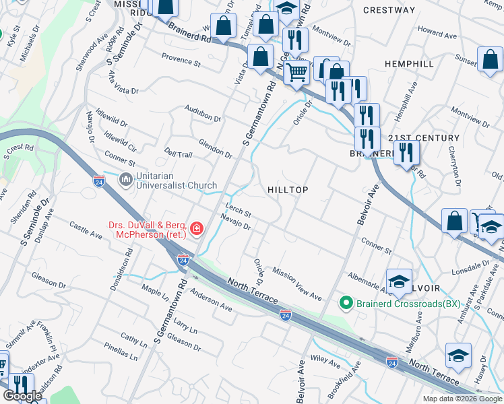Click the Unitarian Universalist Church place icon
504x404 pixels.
pyautogui.click(x=126, y=180)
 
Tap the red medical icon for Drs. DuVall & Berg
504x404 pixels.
pyautogui.click(x=197, y=230)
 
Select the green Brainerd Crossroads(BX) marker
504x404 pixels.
pyautogui.click(x=346, y=303)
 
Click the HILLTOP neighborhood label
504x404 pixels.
pyautogui.click(x=288, y=191)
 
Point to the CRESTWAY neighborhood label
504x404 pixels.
pyautogui.click(x=389, y=10)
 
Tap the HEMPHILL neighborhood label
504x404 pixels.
pyautogui.click(x=409, y=63)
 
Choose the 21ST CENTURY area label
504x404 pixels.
pyautogui.click(x=424, y=138)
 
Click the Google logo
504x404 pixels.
pyautogui.click(x=22, y=396)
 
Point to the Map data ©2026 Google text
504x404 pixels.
pyautogui.click(x=463, y=399)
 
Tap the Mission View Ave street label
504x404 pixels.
pyautogui.click(x=297, y=282)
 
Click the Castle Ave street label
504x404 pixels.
pyautogui.click(x=86, y=232)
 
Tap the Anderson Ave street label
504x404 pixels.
pyautogui.click(x=211, y=300)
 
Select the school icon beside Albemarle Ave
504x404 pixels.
pyautogui.click(x=399, y=281)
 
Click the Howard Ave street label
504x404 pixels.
pyautogui.click(x=438, y=33)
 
